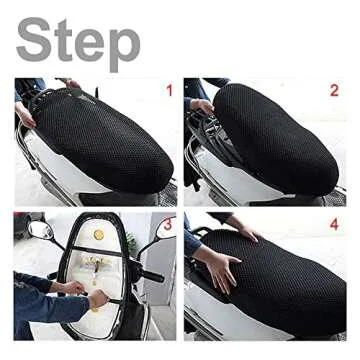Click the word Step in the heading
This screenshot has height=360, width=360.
(78, 42)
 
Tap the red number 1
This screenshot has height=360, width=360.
(169, 91)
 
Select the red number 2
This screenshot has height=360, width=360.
(333, 91)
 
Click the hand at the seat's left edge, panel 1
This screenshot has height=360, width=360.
(24, 116)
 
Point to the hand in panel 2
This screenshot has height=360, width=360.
(203, 106)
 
